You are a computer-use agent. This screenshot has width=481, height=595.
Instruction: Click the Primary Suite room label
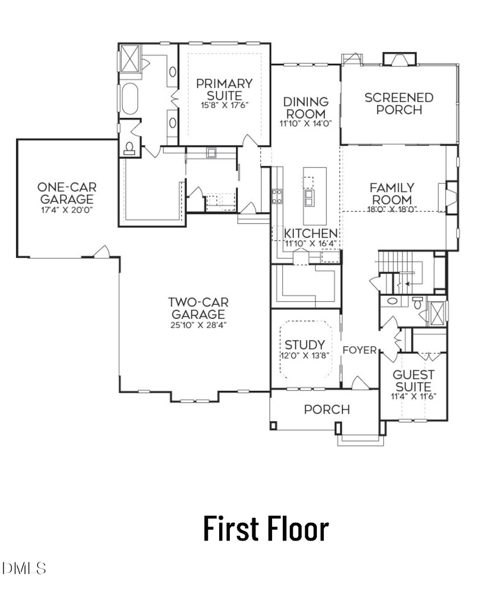[224, 89]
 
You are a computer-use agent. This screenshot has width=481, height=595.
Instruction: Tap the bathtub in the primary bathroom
[129, 99]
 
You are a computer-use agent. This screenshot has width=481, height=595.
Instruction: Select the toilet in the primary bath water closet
[129, 148]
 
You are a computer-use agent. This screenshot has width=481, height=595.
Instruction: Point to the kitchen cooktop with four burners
[277, 196]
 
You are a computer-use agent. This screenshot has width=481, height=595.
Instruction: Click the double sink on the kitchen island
[309, 199]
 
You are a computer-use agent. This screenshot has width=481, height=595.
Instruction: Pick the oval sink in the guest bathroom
[392, 301]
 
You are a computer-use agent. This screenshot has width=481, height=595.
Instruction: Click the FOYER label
[360, 350]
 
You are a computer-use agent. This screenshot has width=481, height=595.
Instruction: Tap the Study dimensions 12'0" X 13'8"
[304, 354]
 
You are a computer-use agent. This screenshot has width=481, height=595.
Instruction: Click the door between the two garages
[102, 251]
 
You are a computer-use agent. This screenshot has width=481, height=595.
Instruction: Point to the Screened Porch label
[399, 104]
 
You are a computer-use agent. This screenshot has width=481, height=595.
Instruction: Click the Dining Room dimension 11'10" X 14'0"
[305, 123]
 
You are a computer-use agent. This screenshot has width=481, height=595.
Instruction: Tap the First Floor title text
[265, 528]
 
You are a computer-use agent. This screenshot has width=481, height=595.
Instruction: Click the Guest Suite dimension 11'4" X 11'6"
[413, 396]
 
